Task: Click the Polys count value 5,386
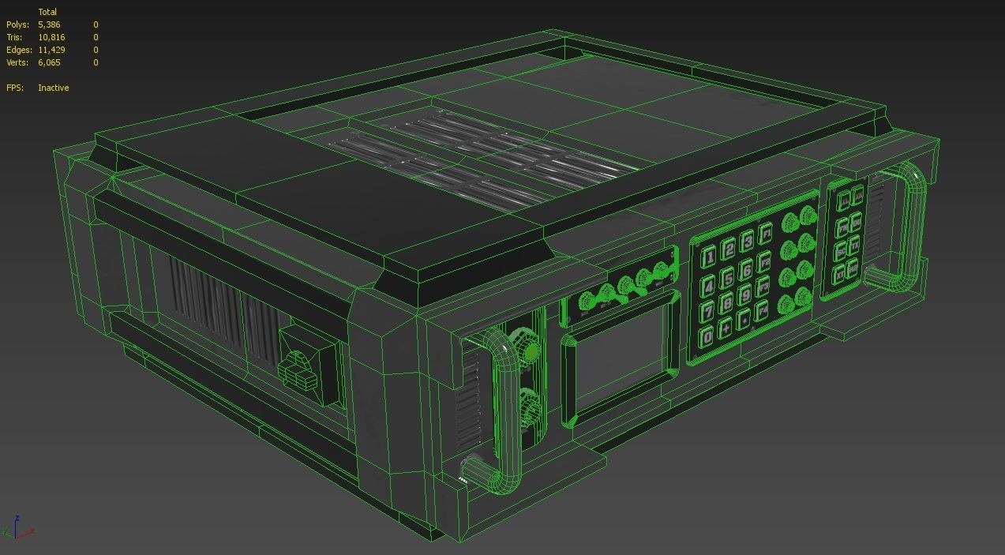(49, 24)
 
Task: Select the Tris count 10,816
(51, 37)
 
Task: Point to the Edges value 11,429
(51, 50)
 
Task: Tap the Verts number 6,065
(49, 62)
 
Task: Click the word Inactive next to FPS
(53, 88)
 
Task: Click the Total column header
(47, 12)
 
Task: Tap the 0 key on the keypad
(707, 337)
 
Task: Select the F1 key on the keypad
(765, 234)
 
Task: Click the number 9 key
(745, 295)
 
